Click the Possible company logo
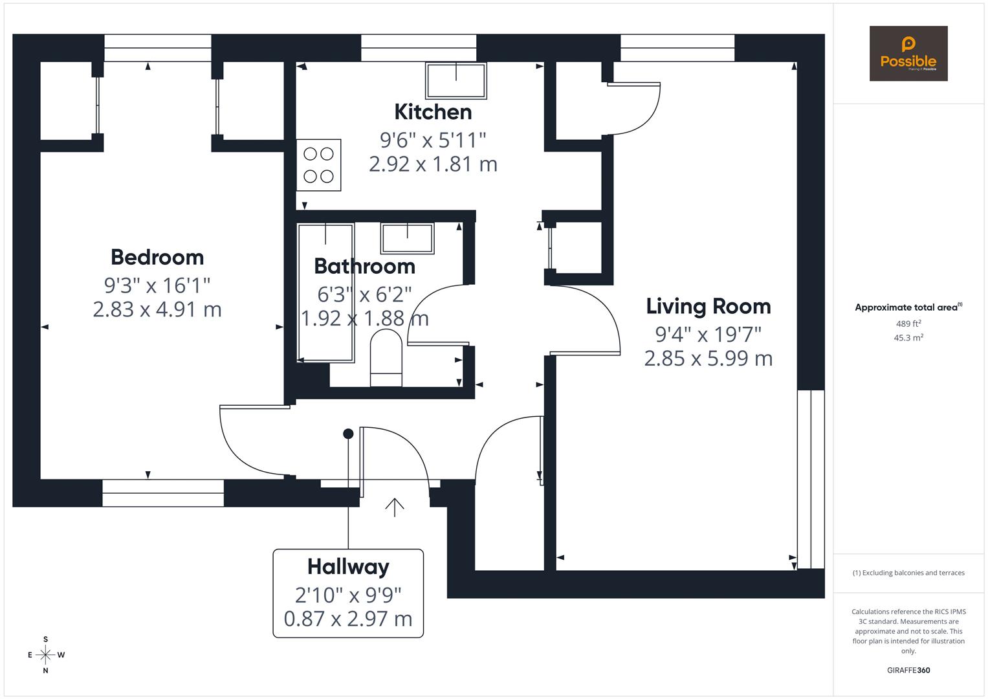tap(908, 53)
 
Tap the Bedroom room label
tap(157, 257)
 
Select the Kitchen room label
tap(433, 112)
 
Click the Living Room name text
tap(708, 306)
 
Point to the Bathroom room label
tap(364, 266)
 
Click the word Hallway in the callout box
tap(348, 566)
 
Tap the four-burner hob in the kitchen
tap(318, 165)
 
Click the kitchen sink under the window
tap(456, 80)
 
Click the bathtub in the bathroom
tap(325, 293)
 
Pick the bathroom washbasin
tap(407, 238)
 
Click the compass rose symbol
tap(45, 655)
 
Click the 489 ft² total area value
tap(908, 324)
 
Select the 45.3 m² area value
tap(908, 338)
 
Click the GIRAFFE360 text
tap(908, 670)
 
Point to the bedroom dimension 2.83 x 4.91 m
tap(157, 309)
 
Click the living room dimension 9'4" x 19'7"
tap(708, 334)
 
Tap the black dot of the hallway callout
tap(348, 434)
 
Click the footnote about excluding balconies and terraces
tap(908, 573)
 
